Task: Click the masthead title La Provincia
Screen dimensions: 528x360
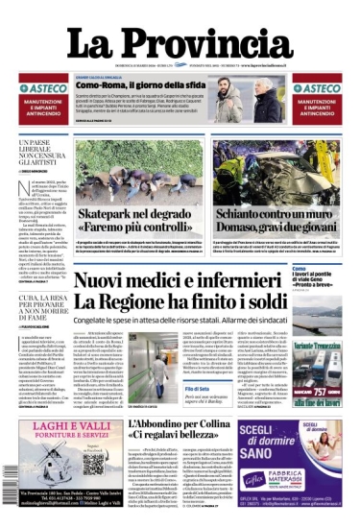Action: click(x=180, y=42)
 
